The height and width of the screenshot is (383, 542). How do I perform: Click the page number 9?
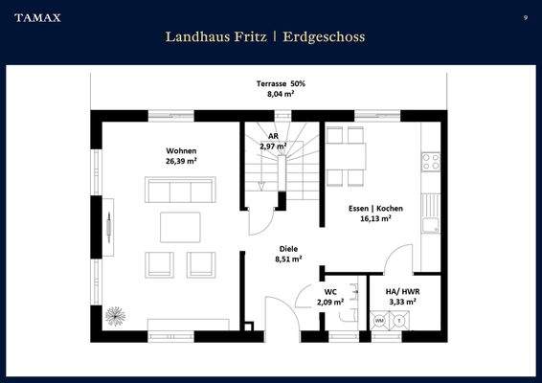coord(525,17)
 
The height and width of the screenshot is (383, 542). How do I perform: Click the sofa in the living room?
coord(179,190)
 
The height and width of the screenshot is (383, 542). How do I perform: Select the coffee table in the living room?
coord(180,226)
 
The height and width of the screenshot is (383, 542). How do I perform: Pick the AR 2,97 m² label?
coord(274,142)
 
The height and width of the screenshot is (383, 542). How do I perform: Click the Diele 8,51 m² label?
coord(288,253)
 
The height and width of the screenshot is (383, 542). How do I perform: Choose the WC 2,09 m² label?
coord(329,297)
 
